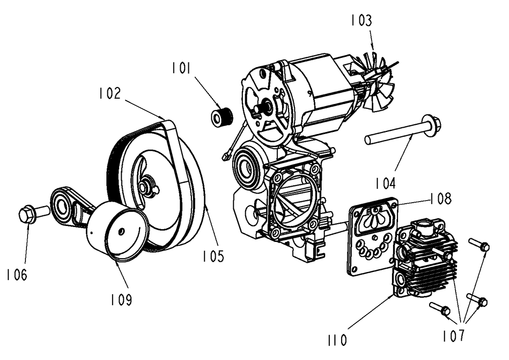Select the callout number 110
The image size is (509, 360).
337,340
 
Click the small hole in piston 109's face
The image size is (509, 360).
121,230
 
